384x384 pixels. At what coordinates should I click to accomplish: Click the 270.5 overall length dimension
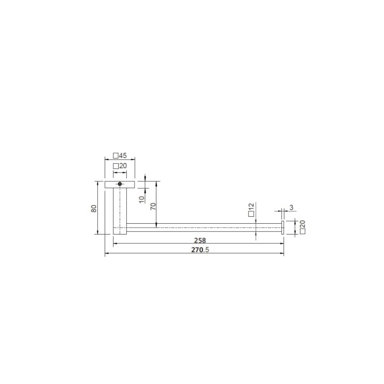pos(200,250)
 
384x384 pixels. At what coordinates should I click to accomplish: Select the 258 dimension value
pos(199,240)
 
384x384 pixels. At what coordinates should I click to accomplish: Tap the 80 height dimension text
pos(94,208)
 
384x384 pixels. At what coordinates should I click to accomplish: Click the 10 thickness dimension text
pos(142,199)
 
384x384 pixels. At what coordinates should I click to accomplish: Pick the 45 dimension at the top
pos(123,156)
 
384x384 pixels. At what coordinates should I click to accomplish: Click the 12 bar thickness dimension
pos(251,206)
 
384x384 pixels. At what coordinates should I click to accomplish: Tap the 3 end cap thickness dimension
pos(292,208)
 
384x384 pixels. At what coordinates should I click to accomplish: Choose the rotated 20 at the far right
pos(302,224)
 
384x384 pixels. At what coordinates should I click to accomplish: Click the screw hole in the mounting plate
pos(120,184)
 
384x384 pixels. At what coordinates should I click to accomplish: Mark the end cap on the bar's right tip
pos(283,228)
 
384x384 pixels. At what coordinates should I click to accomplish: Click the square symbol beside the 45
pos(116,156)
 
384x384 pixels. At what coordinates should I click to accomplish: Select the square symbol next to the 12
pos(251,214)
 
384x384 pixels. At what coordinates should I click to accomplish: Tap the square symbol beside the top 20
pos(116,166)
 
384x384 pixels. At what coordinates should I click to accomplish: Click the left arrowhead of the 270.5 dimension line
pos(107,254)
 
